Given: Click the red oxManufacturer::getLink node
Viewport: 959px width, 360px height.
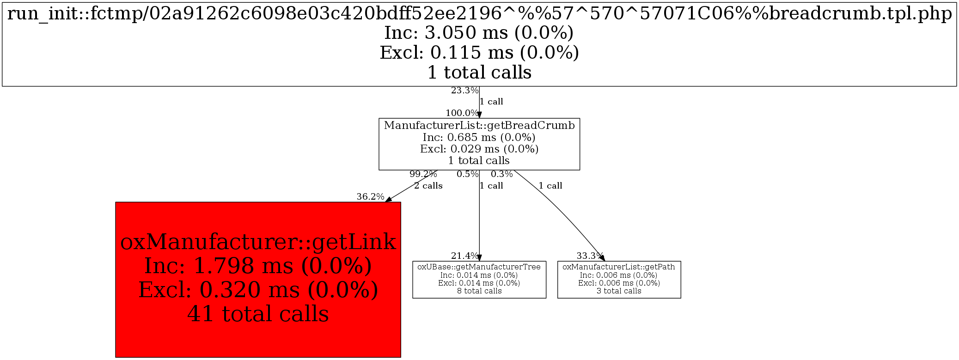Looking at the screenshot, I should [x=258, y=279].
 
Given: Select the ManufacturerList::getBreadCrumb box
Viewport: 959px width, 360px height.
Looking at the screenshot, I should [x=479, y=144].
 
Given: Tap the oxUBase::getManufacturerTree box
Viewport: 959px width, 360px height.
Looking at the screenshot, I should [x=479, y=279].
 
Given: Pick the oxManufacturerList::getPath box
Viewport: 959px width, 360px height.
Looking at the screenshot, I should [x=618, y=279].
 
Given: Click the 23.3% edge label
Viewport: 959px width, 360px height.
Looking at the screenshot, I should [x=464, y=91].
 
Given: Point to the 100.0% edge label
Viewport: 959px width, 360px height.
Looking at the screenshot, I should [x=462, y=113].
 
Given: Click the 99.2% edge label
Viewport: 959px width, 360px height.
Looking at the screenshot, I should [x=423, y=174].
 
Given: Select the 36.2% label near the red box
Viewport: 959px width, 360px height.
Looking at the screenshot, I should [x=370, y=196].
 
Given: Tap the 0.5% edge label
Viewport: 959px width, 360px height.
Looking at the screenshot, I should [x=467, y=174].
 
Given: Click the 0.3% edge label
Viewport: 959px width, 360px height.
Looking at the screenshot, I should [x=501, y=174].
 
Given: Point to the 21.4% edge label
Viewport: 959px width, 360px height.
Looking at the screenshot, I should [x=464, y=256].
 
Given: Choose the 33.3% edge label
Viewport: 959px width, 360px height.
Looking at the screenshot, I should [x=590, y=256].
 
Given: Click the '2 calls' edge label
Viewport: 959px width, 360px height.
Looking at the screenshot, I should [x=428, y=186].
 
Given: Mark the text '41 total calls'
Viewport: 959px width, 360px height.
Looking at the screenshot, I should [x=258, y=314].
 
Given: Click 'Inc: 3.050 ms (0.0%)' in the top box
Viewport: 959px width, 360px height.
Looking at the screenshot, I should [x=479, y=32].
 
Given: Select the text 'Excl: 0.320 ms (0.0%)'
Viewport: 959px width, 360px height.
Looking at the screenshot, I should [x=258, y=290].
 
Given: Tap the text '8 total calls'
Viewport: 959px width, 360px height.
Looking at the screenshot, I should [x=479, y=291].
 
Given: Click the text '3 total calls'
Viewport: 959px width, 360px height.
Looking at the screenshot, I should [x=618, y=291].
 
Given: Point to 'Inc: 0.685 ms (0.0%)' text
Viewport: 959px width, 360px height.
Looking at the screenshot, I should [x=479, y=137].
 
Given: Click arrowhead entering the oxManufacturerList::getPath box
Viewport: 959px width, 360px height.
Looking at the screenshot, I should [x=602, y=258].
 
